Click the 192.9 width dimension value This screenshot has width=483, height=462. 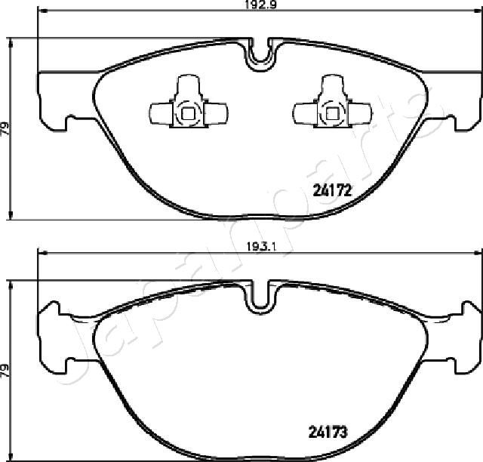pyautogui.click(x=260, y=5)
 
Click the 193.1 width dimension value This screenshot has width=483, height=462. pyautogui.click(x=260, y=247)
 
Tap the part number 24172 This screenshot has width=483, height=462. pyautogui.click(x=332, y=190)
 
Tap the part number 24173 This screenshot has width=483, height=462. pyautogui.click(x=328, y=432)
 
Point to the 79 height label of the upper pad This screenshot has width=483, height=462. pyautogui.click(x=5, y=129)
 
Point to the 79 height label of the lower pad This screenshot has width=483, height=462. pyautogui.click(x=5, y=371)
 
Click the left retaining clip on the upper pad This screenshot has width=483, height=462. pyautogui.click(x=189, y=101)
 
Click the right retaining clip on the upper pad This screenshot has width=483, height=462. pyautogui.click(x=332, y=101)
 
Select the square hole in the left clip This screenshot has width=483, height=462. pyautogui.click(x=188, y=114)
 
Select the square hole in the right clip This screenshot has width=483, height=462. pyautogui.click(x=332, y=114)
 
